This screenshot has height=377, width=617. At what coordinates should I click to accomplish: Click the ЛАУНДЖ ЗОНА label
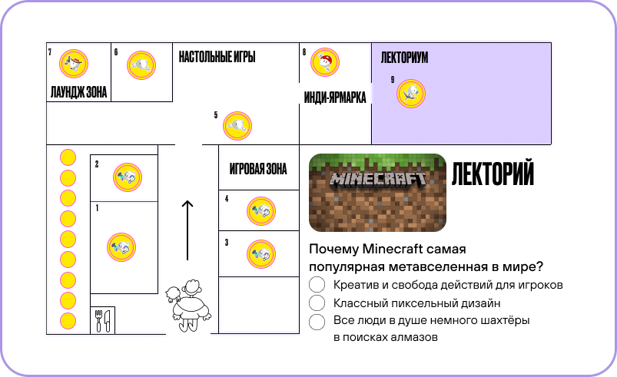tap(78, 93)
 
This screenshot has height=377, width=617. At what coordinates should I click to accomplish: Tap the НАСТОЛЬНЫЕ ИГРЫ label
tap(217, 57)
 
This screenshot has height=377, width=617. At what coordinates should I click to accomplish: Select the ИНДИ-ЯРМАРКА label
tap(335, 98)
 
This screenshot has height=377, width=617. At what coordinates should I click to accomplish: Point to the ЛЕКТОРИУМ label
tap(404, 58)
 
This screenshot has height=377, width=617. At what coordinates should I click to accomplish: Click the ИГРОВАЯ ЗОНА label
tap(258, 170)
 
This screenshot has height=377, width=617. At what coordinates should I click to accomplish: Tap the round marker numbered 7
tap(73, 64)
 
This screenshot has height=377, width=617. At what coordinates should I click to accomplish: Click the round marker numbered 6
tap(141, 65)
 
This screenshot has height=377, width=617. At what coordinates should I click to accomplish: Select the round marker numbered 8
tap(325, 62)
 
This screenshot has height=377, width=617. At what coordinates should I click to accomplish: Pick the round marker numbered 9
tap(411, 94)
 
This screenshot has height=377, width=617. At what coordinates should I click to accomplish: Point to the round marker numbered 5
tap(238, 127)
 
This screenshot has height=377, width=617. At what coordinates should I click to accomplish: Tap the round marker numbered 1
tap(121, 246)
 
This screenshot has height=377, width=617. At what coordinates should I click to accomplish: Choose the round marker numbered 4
tap(260, 210)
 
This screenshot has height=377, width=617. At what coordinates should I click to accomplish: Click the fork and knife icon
tap(102, 319)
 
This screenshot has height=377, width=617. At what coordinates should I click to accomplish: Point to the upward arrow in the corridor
tap(187, 230)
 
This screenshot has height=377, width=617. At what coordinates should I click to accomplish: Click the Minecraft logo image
tap(377, 192)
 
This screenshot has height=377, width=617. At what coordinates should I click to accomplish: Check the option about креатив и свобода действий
tap(317, 285)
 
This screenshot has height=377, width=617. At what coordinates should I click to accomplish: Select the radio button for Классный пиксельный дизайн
tap(317, 303)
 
